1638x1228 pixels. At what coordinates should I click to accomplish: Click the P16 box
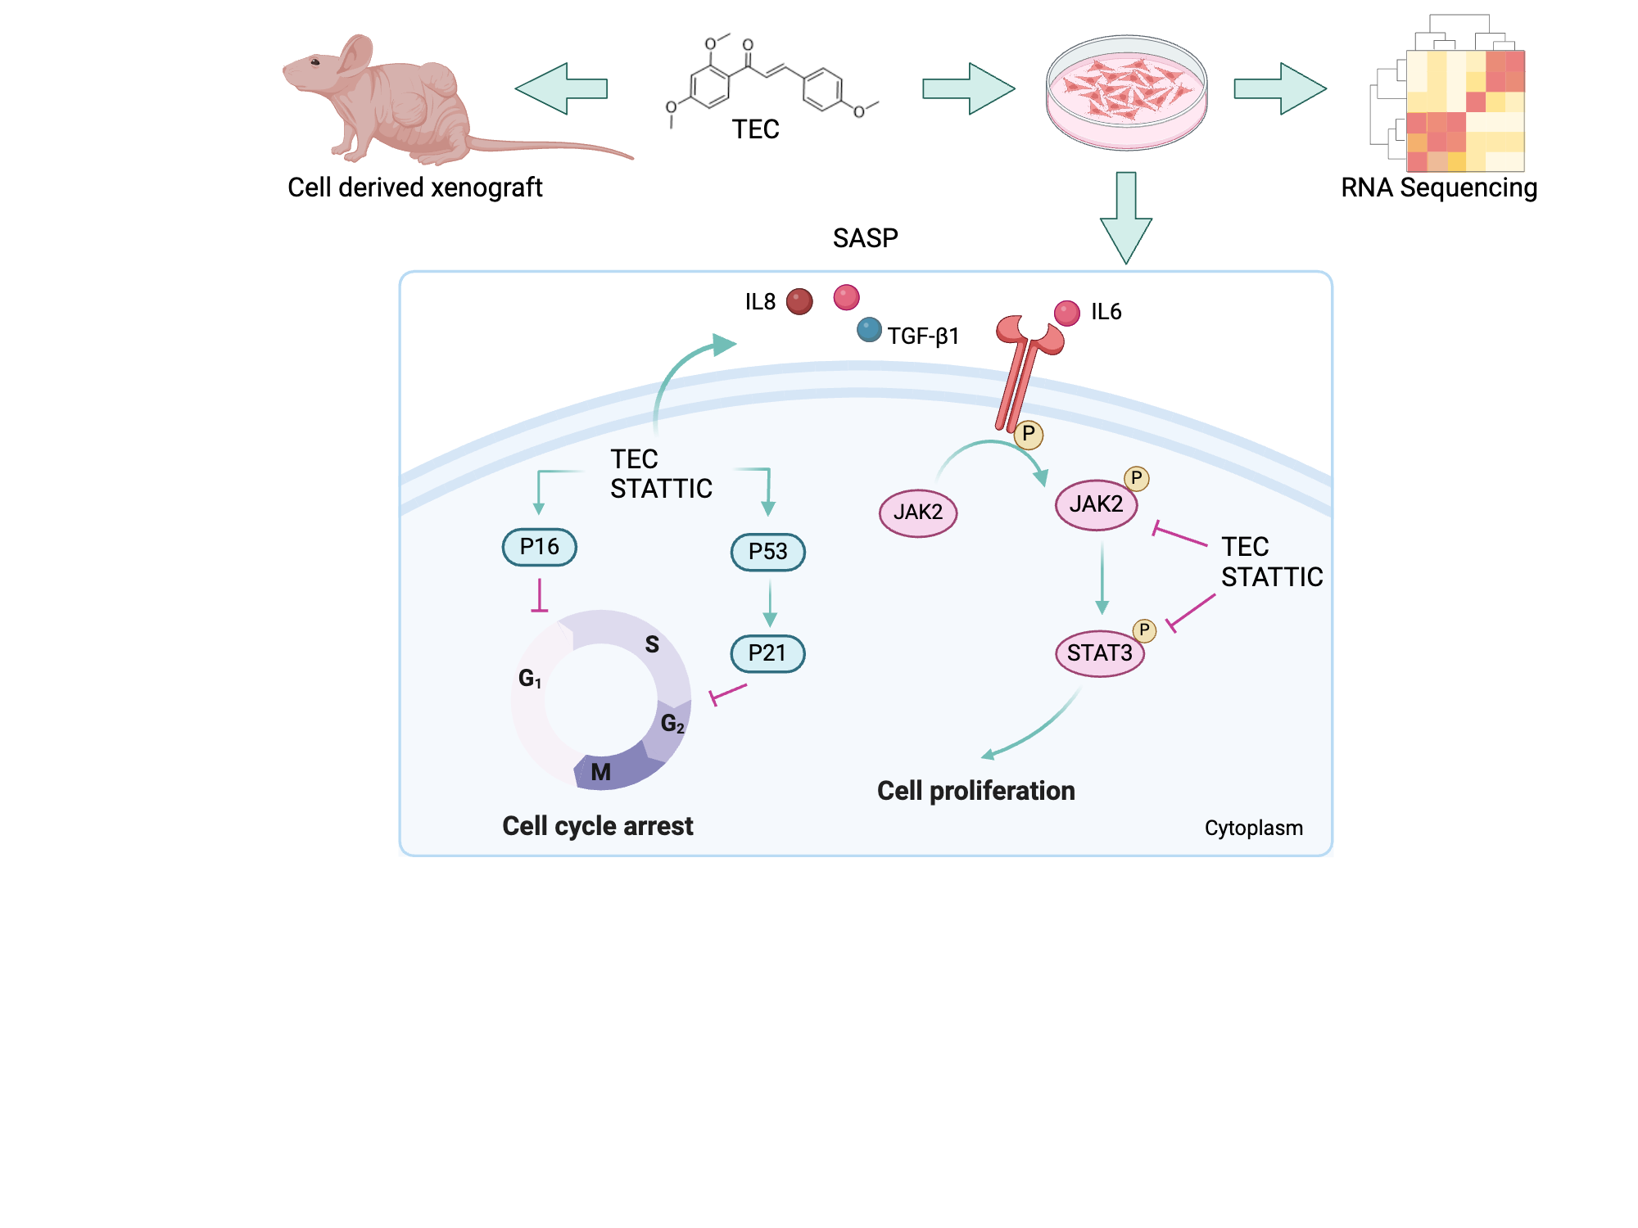click(539, 547)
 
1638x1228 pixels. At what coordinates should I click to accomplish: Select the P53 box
click(767, 552)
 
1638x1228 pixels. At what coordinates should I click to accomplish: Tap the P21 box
click(767, 653)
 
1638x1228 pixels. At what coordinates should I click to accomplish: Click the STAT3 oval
click(1099, 653)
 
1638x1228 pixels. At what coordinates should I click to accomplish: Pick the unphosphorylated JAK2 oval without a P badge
click(917, 512)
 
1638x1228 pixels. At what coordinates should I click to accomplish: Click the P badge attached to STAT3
click(1144, 630)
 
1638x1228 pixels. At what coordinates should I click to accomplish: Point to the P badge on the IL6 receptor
click(1029, 434)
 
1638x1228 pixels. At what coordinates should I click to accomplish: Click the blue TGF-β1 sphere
click(869, 331)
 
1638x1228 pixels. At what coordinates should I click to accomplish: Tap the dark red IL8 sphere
click(799, 301)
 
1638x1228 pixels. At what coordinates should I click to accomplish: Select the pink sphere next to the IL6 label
click(1066, 313)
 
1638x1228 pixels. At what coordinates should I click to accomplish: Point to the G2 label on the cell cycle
click(672, 724)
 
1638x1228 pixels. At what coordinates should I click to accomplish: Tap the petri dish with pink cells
click(1126, 92)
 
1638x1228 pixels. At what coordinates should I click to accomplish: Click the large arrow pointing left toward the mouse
click(561, 88)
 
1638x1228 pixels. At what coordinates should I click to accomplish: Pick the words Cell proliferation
click(975, 791)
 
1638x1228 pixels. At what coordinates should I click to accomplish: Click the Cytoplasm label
click(1253, 828)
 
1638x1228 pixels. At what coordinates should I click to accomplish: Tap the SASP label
click(865, 238)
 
